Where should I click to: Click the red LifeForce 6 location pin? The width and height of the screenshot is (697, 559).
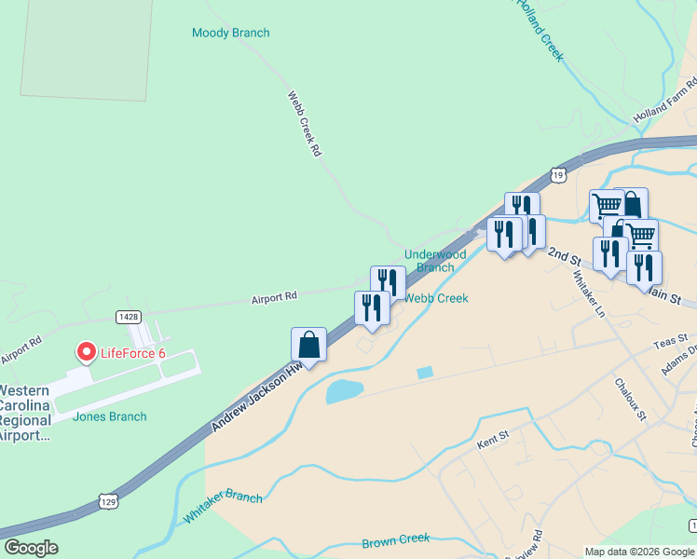pyautogui.click(x=86, y=352)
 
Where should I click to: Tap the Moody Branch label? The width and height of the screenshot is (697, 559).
pyautogui.click(x=230, y=34)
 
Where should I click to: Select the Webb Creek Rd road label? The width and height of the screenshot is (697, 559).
pyautogui.click(x=304, y=123)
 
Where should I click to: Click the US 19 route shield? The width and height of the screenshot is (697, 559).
pyautogui.click(x=557, y=174)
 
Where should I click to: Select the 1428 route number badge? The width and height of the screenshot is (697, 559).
pyautogui.click(x=129, y=317)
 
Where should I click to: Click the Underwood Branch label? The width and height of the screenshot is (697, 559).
pyautogui.click(x=434, y=260)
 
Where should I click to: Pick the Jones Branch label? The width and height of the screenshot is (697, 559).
pyautogui.click(x=109, y=416)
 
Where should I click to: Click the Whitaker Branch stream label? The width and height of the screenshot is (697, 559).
pyautogui.click(x=223, y=508)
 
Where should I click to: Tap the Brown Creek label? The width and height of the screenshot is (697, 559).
pyautogui.click(x=396, y=539)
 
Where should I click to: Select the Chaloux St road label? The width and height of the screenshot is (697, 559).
pyautogui.click(x=630, y=399)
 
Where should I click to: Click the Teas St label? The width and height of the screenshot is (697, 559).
pyautogui.click(x=675, y=342)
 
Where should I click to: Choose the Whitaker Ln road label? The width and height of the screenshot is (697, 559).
pyautogui.click(x=586, y=293)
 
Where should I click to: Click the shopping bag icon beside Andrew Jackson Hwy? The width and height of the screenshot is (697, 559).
pyautogui.click(x=308, y=345)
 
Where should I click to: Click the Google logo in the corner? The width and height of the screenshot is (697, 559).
pyautogui.click(x=31, y=548)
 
